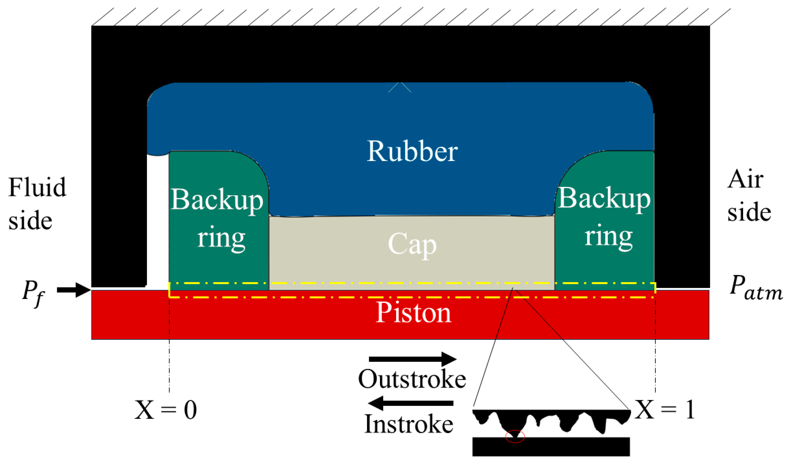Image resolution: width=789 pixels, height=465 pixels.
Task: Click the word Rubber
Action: [412, 151]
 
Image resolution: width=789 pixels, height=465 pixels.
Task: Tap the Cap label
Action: [412, 244]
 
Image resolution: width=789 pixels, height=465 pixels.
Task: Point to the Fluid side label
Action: [37, 204]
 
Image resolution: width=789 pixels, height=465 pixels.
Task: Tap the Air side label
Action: [748, 196]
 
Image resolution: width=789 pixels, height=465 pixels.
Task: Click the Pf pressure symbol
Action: [33, 293]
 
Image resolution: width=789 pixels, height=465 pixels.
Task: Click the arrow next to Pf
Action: [74, 290]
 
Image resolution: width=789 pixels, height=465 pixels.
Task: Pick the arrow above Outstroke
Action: [412, 359]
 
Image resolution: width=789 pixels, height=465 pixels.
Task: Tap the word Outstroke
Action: [412, 379]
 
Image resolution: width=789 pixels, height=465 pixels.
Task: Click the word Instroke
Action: [409, 424]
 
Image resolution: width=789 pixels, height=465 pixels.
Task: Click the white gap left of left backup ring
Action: [158, 219]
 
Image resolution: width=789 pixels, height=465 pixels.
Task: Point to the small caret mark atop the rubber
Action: [399, 87]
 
